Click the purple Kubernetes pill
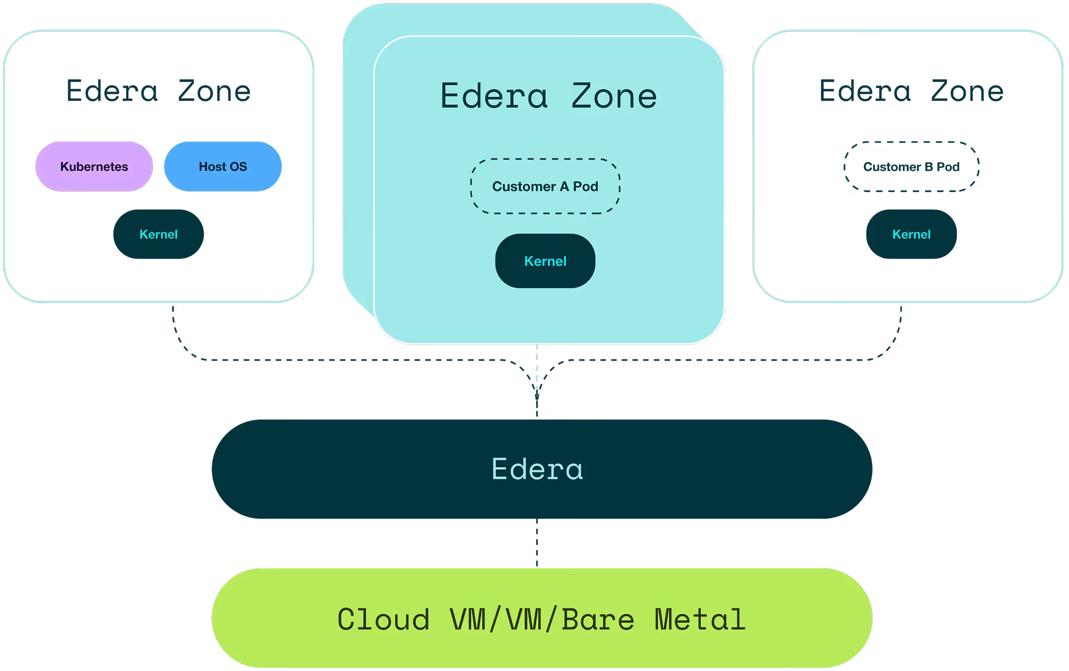click(94, 166)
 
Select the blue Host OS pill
click(223, 166)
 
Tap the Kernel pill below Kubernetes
click(158, 234)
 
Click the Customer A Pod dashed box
click(545, 186)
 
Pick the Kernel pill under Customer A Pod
click(545, 261)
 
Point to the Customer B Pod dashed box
click(911, 166)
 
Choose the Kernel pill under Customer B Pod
click(911, 234)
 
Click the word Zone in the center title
click(614, 96)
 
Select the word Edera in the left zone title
click(112, 91)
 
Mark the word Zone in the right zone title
click(967, 91)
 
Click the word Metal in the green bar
click(700, 620)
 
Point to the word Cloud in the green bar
click(383, 620)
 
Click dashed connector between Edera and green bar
click(537, 543)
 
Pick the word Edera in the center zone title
click(494, 96)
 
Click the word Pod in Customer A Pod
click(585, 186)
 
